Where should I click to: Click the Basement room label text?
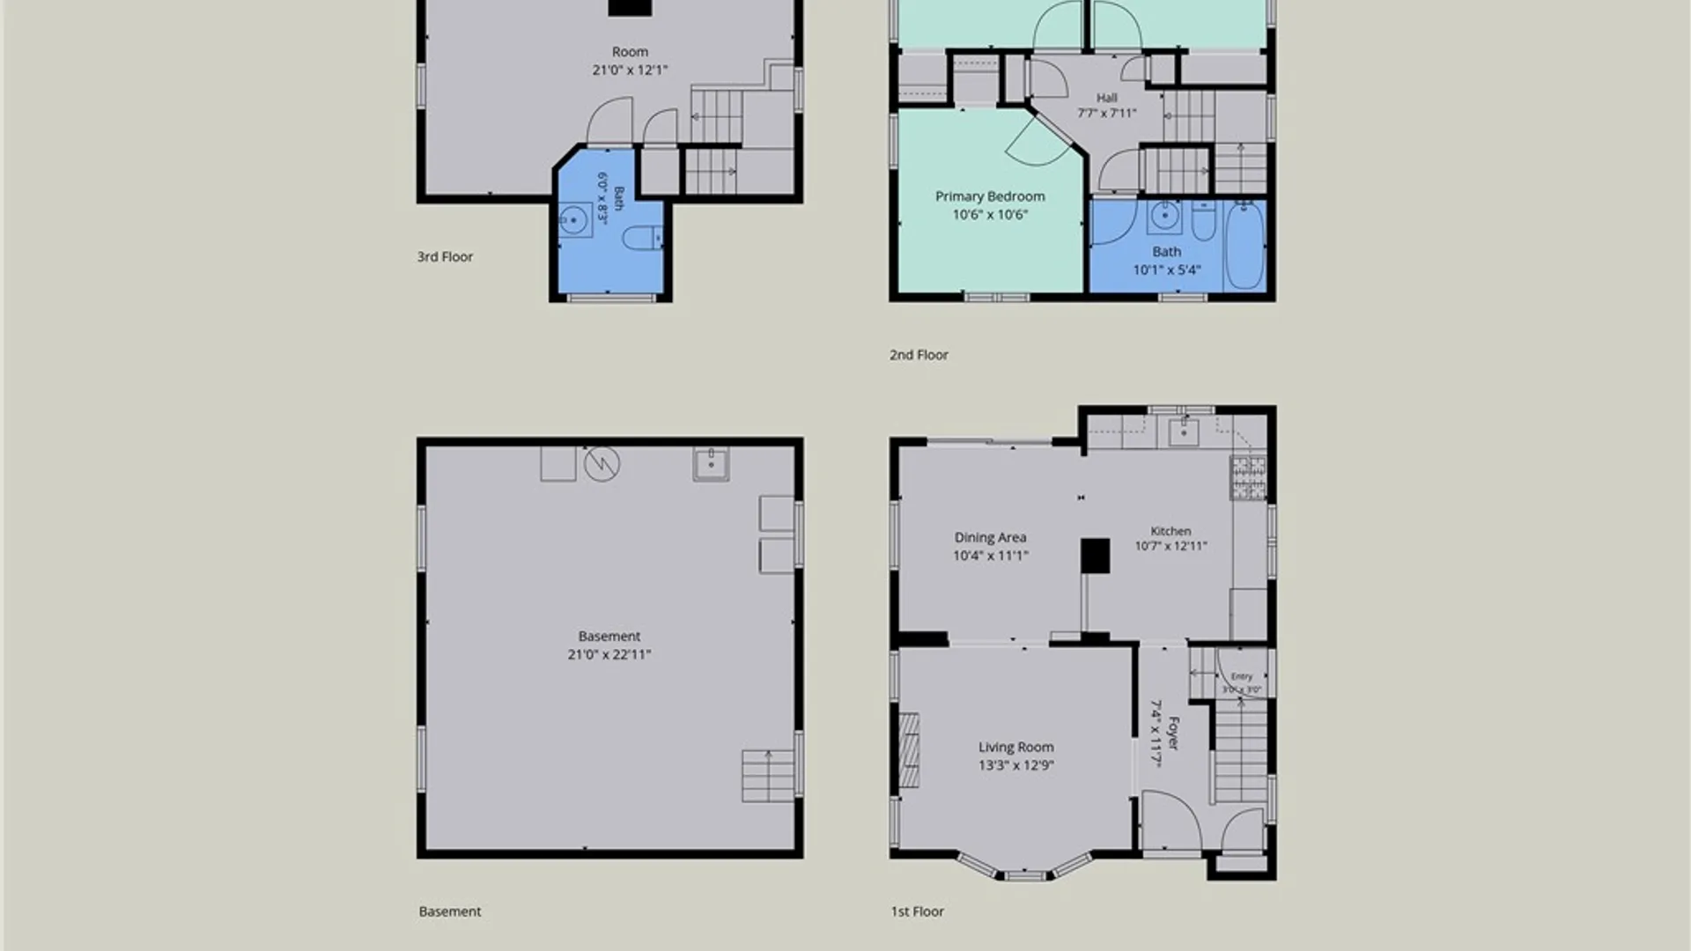[609, 636]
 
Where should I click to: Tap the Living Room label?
[1015, 747]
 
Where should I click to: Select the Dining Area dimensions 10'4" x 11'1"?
[990, 556]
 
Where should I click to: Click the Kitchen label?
[1170, 531]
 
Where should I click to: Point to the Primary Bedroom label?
[990, 196]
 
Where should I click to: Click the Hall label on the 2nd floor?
[1107, 98]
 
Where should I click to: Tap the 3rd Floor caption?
[445, 256]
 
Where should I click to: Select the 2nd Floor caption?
[919, 355]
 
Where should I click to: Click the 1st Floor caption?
[917, 911]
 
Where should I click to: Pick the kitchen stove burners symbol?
[1248, 477]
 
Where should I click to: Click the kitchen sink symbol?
[1183, 432]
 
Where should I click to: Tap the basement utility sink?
[711, 464]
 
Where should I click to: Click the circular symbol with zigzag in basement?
[602, 464]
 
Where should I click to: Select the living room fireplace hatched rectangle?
[909, 750]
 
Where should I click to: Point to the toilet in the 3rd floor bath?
[642, 238]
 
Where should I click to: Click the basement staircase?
[769, 776]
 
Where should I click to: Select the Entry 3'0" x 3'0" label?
[1242, 682]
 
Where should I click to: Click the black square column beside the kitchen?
[1095, 556]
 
